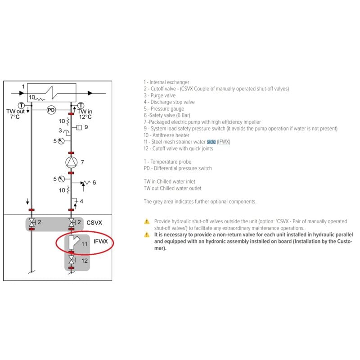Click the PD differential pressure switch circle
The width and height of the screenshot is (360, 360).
pos(51,110)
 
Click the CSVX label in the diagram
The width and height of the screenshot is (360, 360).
pos(94,222)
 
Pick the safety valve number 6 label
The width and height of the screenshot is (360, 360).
pos(94,182)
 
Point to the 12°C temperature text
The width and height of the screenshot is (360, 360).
pos(85,117)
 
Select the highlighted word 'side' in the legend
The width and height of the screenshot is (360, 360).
pos(211,142)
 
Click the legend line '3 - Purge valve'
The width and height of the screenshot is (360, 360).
pos(160,95)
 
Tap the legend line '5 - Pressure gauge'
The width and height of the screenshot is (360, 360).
pos(164,108)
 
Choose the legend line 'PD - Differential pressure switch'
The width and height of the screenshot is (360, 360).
pos(177,168)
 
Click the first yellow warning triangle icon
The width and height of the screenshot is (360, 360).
pos(146,221)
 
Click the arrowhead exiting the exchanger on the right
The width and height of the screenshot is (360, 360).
pos(90,93)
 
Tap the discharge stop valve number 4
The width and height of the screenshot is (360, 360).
pos(81,201)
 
